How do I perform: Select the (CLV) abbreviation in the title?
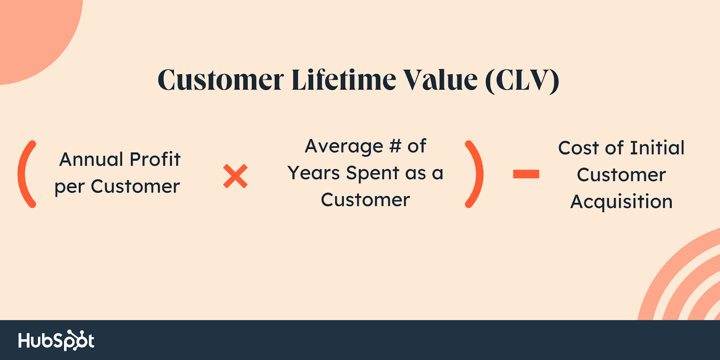[x=522, y=81]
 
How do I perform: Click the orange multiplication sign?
[x=235, y=176]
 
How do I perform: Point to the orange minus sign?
[x=526, y=174]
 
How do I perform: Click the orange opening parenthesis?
[x=27, y=174]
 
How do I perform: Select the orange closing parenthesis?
[x=474, y=174]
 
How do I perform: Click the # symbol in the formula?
[x=395, y=146]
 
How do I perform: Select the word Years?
[x=314, y=173]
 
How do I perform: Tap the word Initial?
[x=657, y=148]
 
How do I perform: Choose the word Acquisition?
[x=621, y=202]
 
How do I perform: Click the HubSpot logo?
[x=56, y=340]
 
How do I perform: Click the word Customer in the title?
[x=221, y=79]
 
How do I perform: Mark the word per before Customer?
[x=69, y=188]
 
